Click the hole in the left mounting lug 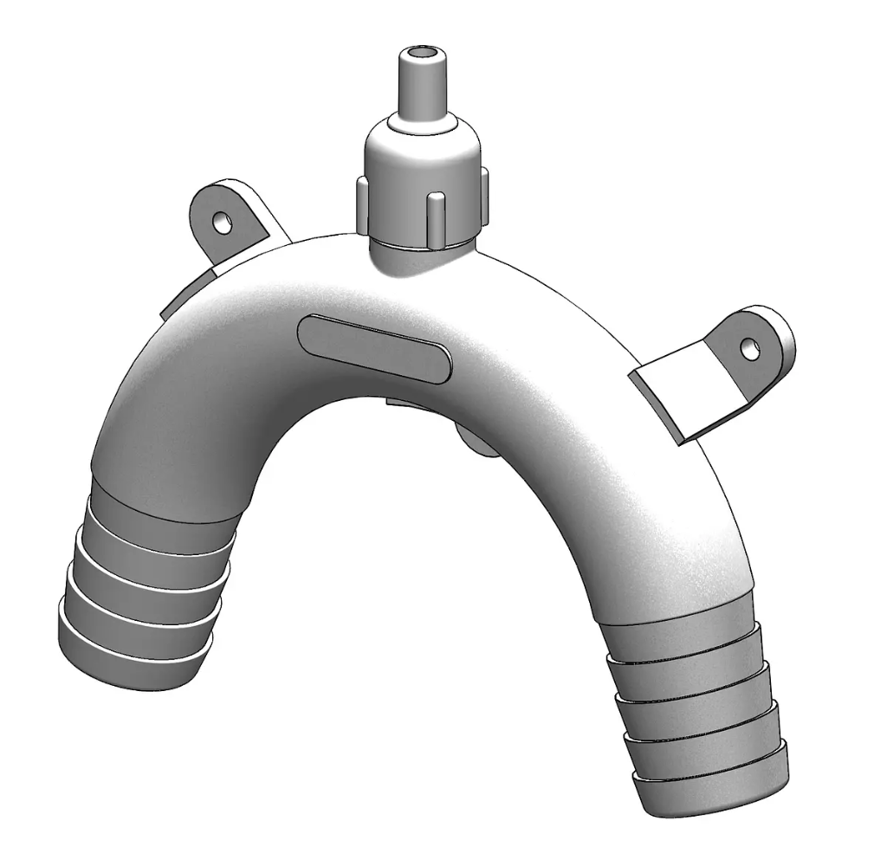point(223,223)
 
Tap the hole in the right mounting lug point(750,349)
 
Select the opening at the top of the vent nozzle point(422,55)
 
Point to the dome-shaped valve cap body point(421,156)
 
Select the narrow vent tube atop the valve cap point(422,87)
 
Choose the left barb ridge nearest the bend point(165,520)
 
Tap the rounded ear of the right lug point(767,333)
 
